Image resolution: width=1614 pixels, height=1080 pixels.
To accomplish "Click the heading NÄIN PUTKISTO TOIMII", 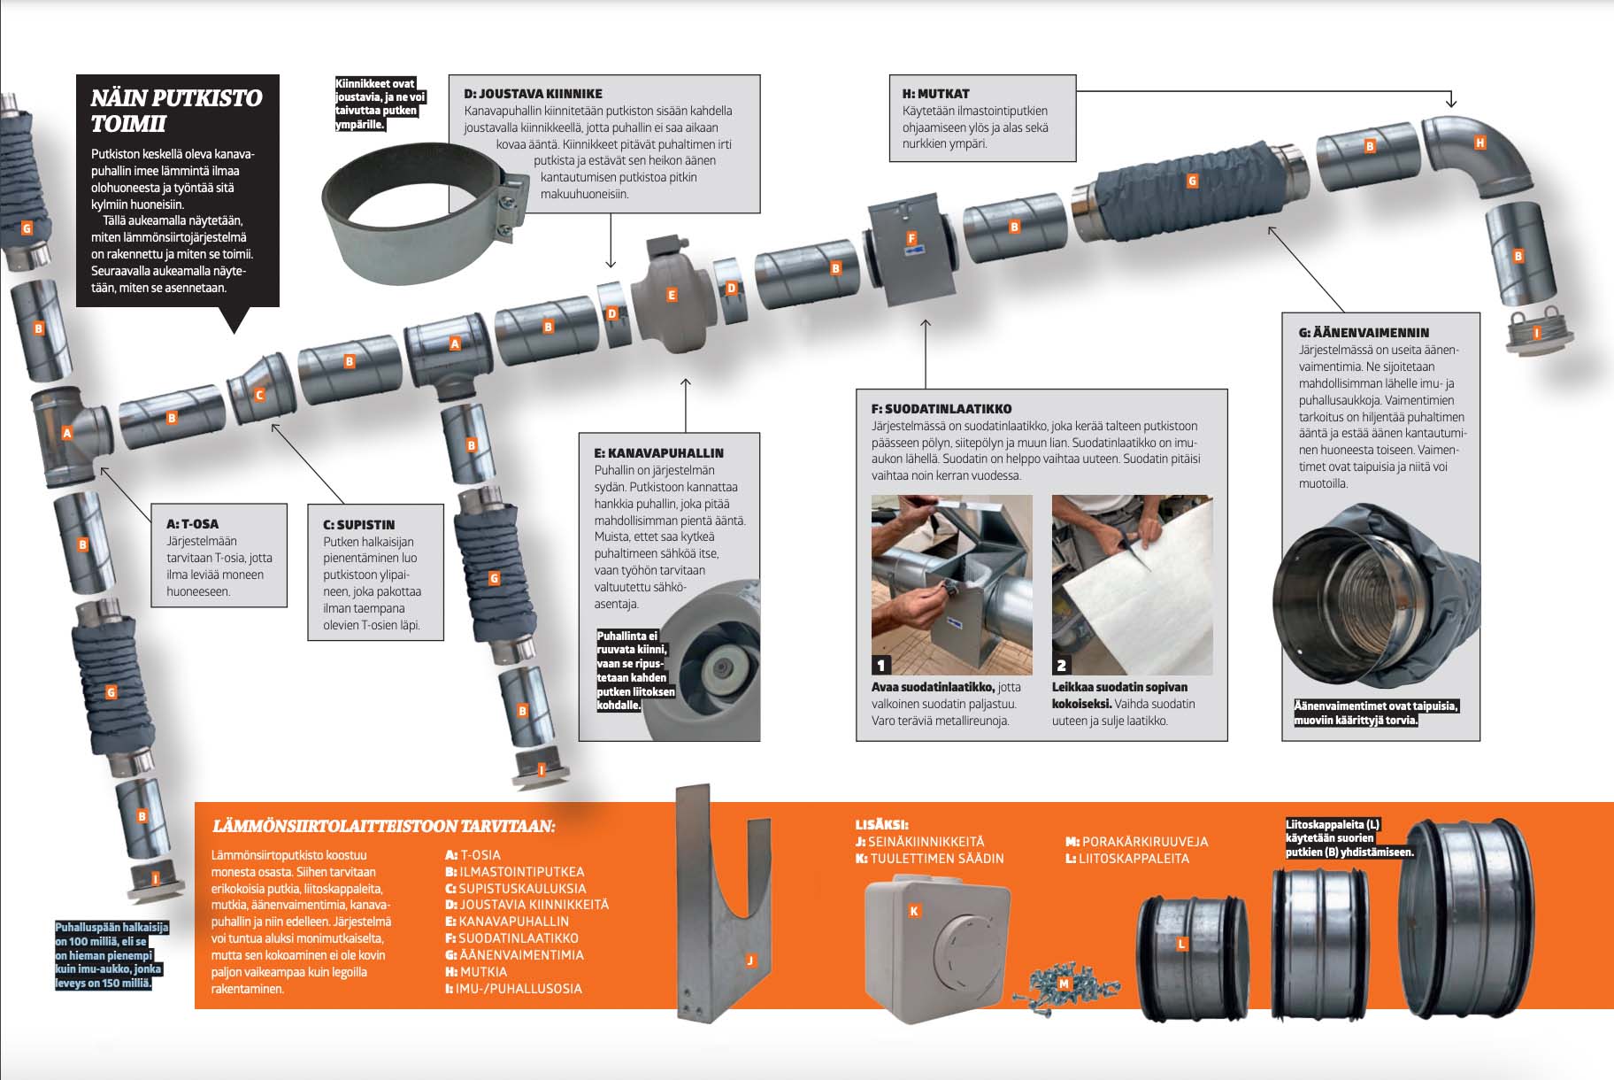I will pos(176,110).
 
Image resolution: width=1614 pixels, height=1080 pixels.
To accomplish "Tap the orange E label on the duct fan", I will pos(672,295).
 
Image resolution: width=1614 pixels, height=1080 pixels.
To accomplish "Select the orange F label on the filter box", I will pos(911,238).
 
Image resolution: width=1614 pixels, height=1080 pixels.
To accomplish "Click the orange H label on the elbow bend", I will pos(1479,143).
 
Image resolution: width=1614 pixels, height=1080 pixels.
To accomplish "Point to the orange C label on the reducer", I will pos(259,395).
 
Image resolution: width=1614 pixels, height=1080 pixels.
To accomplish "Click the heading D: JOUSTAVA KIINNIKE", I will pos(533,93).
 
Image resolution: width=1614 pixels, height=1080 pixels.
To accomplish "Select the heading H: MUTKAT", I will pos(935,93).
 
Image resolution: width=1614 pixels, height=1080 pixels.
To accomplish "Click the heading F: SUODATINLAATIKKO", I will pos(941,409).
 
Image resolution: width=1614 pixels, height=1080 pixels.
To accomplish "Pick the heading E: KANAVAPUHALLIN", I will pos(658,452).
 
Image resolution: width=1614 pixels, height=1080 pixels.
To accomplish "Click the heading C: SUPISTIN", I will pos(358,524).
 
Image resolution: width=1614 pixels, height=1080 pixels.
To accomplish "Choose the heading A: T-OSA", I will pos(192,523).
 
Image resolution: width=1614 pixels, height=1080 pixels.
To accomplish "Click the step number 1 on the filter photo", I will pos(880,665).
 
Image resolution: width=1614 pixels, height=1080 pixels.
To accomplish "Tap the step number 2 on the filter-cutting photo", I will pos(1061,665).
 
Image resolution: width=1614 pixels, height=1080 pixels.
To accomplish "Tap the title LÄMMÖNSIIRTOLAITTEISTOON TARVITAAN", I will pos(383,826).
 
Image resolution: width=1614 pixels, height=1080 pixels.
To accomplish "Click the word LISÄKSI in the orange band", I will pos(881,824).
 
